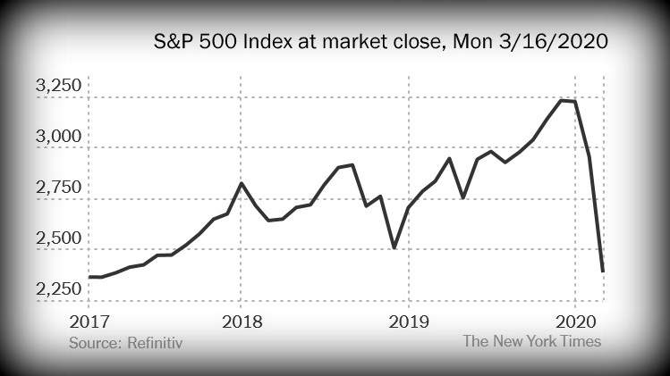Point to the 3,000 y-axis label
pos(59,138)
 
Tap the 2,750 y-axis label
pos(59,188)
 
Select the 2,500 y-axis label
pos(59,239)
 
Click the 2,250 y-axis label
pos(59,289)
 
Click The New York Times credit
pos(531,340)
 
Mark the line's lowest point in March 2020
pos(603,271)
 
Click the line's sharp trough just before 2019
pos(394,247)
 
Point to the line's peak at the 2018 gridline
pos(241,183)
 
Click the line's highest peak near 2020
pos(562,100)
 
